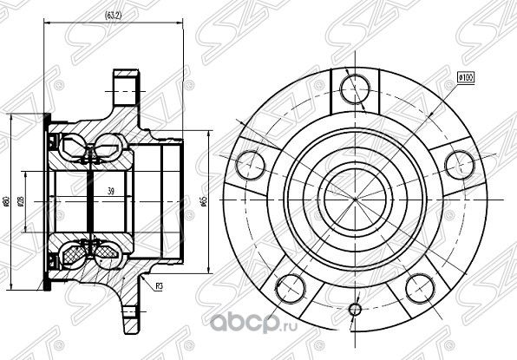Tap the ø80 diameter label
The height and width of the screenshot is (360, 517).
coord(7,201)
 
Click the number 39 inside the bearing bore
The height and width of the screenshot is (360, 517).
coord(110,192)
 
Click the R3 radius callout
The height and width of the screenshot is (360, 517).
coord(159,285)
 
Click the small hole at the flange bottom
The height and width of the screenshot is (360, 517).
coord(354,310)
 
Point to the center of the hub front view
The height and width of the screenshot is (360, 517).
coord(354,199)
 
